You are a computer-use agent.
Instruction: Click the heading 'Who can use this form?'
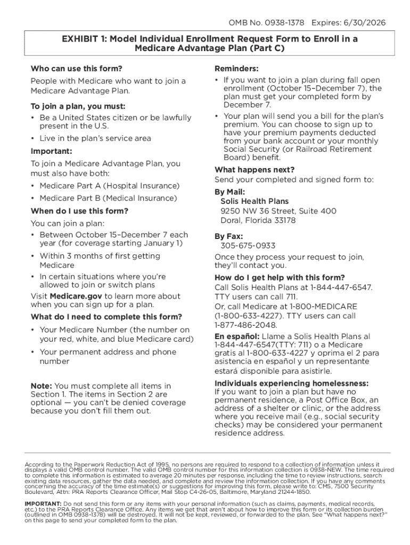(76, 69)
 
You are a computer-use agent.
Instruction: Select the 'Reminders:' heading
(236, 69)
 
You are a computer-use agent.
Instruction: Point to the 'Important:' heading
(51, 151)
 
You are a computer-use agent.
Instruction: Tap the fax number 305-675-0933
(248, 246)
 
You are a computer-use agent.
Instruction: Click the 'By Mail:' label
(229, 192)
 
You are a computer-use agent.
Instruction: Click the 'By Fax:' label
(229, 236)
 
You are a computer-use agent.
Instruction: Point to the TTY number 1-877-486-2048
(245, 325)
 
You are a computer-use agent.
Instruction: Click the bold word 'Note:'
(42, 386)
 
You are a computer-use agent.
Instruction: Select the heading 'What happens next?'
(254, 170)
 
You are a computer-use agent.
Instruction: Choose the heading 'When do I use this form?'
(79, 211)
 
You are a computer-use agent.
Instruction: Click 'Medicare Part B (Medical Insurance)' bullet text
(109, 198)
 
